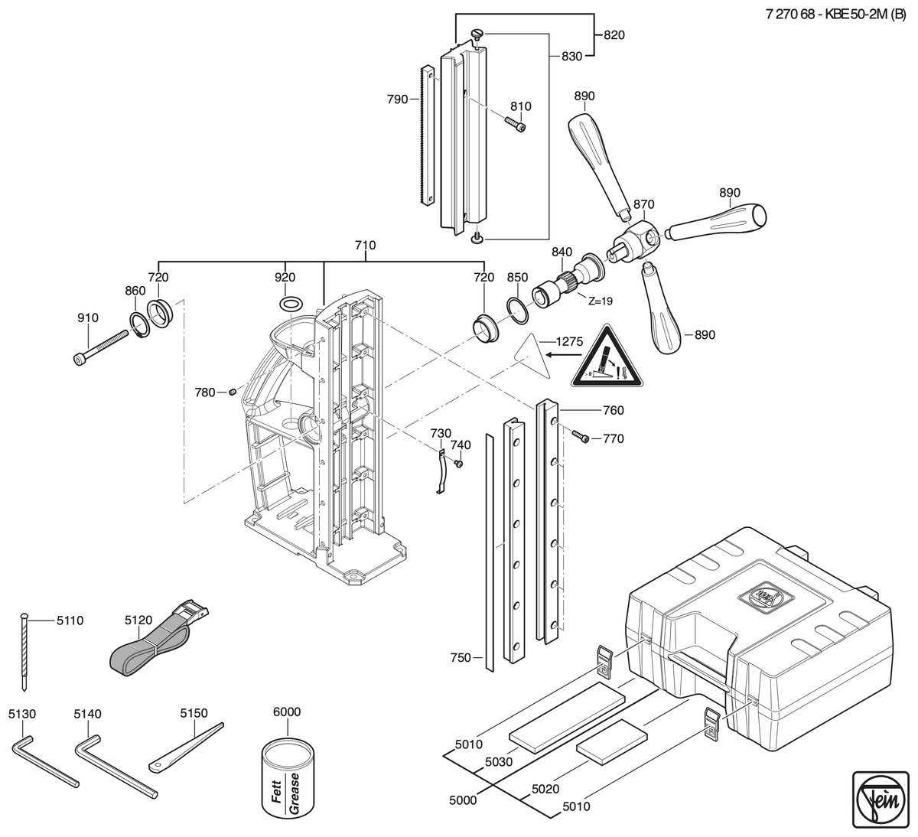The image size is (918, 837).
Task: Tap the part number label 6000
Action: click(x=287, y=712)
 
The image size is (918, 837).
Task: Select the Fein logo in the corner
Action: click(x=881, y=800)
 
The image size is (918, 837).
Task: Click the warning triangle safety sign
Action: click(x=607, y=357)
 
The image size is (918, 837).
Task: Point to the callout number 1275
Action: click(x=569, y=341)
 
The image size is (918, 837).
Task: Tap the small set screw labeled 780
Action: click(x=232, y=392)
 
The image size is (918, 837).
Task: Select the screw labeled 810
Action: click(x=516, y=124)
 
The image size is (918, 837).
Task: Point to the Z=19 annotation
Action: click(x=600, y=301)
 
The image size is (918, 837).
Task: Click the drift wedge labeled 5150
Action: click(x=186, y=747)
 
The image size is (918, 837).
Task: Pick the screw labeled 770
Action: click(x=579, y=435)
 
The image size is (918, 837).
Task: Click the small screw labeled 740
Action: click(x=458, y=464)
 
